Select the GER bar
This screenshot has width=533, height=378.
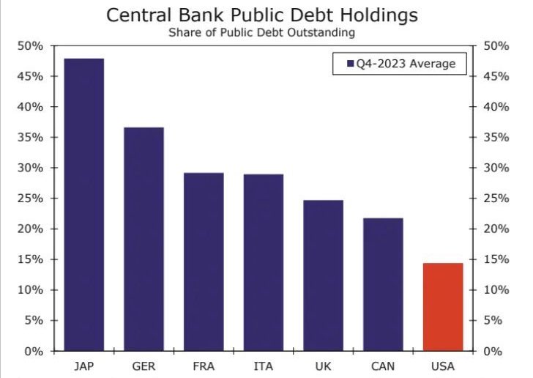[143, 239]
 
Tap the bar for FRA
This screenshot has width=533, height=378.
[204, 262]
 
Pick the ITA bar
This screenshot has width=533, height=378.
[264, 262]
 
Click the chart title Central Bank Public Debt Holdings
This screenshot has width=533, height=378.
[266, 15]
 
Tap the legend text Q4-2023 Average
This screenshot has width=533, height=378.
[406, 64]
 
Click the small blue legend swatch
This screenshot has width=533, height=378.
[349, 64]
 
